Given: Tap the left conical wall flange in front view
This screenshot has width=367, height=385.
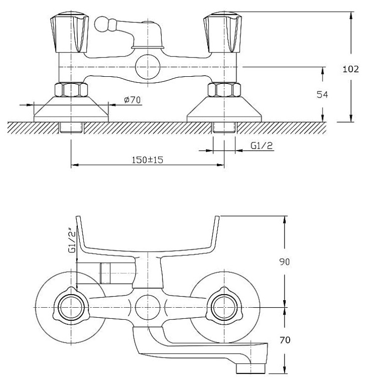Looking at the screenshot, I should pos(71,109).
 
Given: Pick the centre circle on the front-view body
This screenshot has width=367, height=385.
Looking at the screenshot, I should pos(147,67).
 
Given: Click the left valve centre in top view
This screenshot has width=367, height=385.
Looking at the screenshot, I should pos(71,307).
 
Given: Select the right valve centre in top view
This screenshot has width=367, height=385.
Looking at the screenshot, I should pos(222,307).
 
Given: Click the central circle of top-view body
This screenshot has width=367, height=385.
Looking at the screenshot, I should pos(147,307).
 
